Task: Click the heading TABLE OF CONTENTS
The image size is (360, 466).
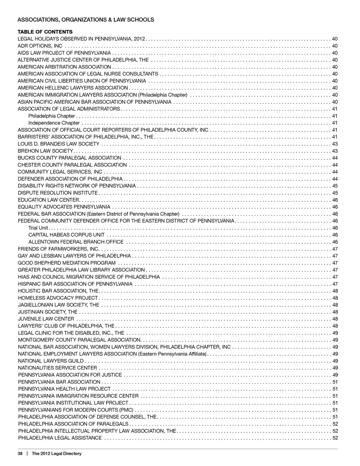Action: point(45,32)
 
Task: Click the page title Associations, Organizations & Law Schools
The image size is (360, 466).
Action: point(86,20)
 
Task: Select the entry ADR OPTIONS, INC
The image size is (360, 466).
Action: point(40,46)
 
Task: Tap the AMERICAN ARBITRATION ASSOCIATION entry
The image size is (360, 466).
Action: point(64,67)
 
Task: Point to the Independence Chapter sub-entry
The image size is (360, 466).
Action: point(54,123)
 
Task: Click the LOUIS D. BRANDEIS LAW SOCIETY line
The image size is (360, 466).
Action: point(58,144)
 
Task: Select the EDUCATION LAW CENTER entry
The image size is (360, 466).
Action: point(49,200)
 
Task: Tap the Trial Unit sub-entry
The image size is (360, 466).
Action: point(38,228)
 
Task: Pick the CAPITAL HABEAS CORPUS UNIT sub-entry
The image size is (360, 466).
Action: point(66,235)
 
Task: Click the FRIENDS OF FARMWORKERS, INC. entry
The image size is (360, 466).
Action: point(58,249)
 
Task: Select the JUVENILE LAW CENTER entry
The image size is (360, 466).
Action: point(46,319)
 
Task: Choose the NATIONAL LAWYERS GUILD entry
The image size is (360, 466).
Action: point(51,361)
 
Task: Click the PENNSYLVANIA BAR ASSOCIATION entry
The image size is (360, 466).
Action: point(59,382)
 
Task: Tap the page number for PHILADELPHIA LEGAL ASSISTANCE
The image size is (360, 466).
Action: point(335,438)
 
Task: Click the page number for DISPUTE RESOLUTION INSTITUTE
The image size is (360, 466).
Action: point(335,193)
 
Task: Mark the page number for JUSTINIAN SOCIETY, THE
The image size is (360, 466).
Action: point(335,312)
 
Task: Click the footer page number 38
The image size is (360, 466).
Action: point(21,454)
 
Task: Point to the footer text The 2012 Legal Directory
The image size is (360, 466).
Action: point(57,454)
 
